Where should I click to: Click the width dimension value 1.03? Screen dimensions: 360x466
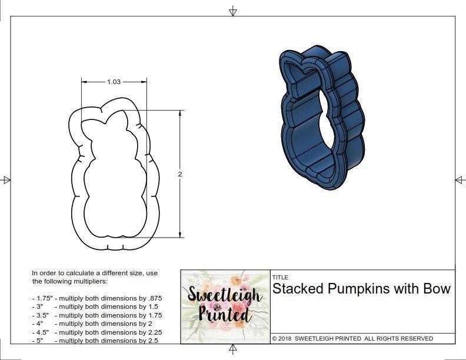point(114,82)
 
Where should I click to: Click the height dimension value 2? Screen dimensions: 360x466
point(180,174)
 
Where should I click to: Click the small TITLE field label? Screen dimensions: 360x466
point(279,278)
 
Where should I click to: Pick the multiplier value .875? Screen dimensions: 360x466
point(154,298)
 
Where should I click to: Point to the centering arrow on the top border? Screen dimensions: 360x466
point(233,11)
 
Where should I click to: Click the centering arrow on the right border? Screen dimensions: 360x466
point(460,180)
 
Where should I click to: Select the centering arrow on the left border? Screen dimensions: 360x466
point(6,180)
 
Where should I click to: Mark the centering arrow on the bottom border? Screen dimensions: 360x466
point(233,349)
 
